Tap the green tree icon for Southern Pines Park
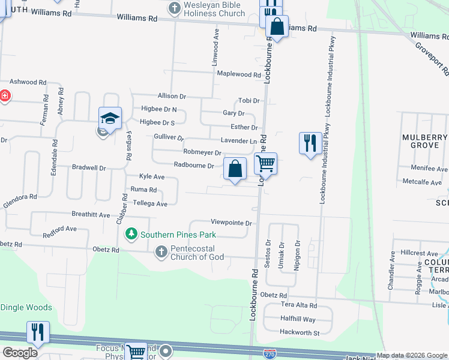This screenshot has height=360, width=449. (x=130, y=233)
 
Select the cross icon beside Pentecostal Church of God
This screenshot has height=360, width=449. (x=161, y=252)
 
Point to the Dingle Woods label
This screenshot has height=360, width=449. (x=26, y=307)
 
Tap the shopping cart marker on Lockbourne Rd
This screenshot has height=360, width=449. (x=265, y=163)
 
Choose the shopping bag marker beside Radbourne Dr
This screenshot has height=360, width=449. (x=235, y=169)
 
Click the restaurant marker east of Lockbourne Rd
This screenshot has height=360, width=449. (x=310, y=144)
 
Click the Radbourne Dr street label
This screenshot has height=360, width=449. (x=194, y=165)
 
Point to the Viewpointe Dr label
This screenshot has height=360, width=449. (x=231, y=223)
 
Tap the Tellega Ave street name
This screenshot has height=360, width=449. (x=149, y=204)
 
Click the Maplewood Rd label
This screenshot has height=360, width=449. (x=239, y=75)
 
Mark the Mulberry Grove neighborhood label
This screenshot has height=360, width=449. (x=425, y=142)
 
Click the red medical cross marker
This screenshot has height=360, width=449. (x=4, y=95)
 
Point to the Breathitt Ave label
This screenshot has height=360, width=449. (x=91, y=214)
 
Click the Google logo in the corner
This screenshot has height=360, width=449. (x=20, y=353)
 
